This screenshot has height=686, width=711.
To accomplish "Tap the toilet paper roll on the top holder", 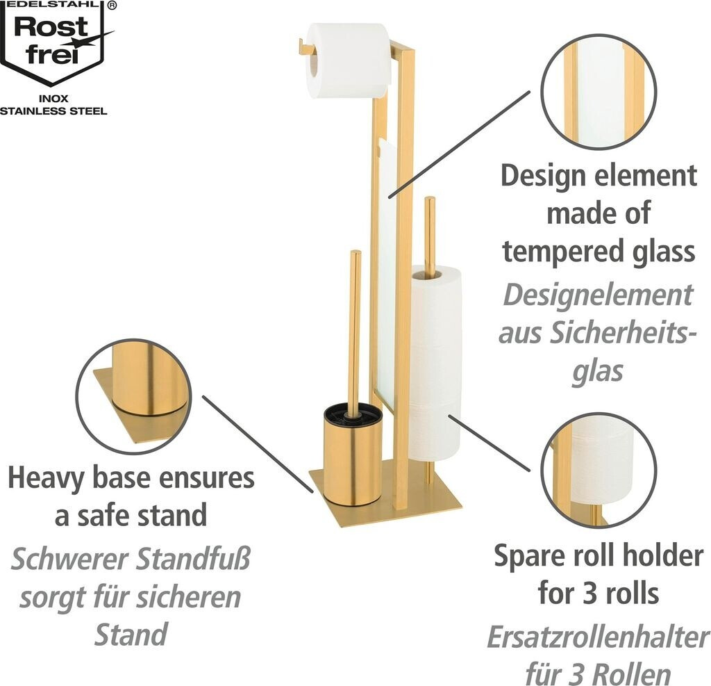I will (347, 59).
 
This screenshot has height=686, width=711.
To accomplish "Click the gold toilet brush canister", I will (353, 459).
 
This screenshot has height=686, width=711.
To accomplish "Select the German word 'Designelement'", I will (598, 296).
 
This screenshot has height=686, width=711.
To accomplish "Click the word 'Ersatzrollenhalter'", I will (597, 637).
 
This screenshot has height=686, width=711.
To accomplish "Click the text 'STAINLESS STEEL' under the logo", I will (53, 111).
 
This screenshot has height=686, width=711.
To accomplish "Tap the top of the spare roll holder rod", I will (430, 202).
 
